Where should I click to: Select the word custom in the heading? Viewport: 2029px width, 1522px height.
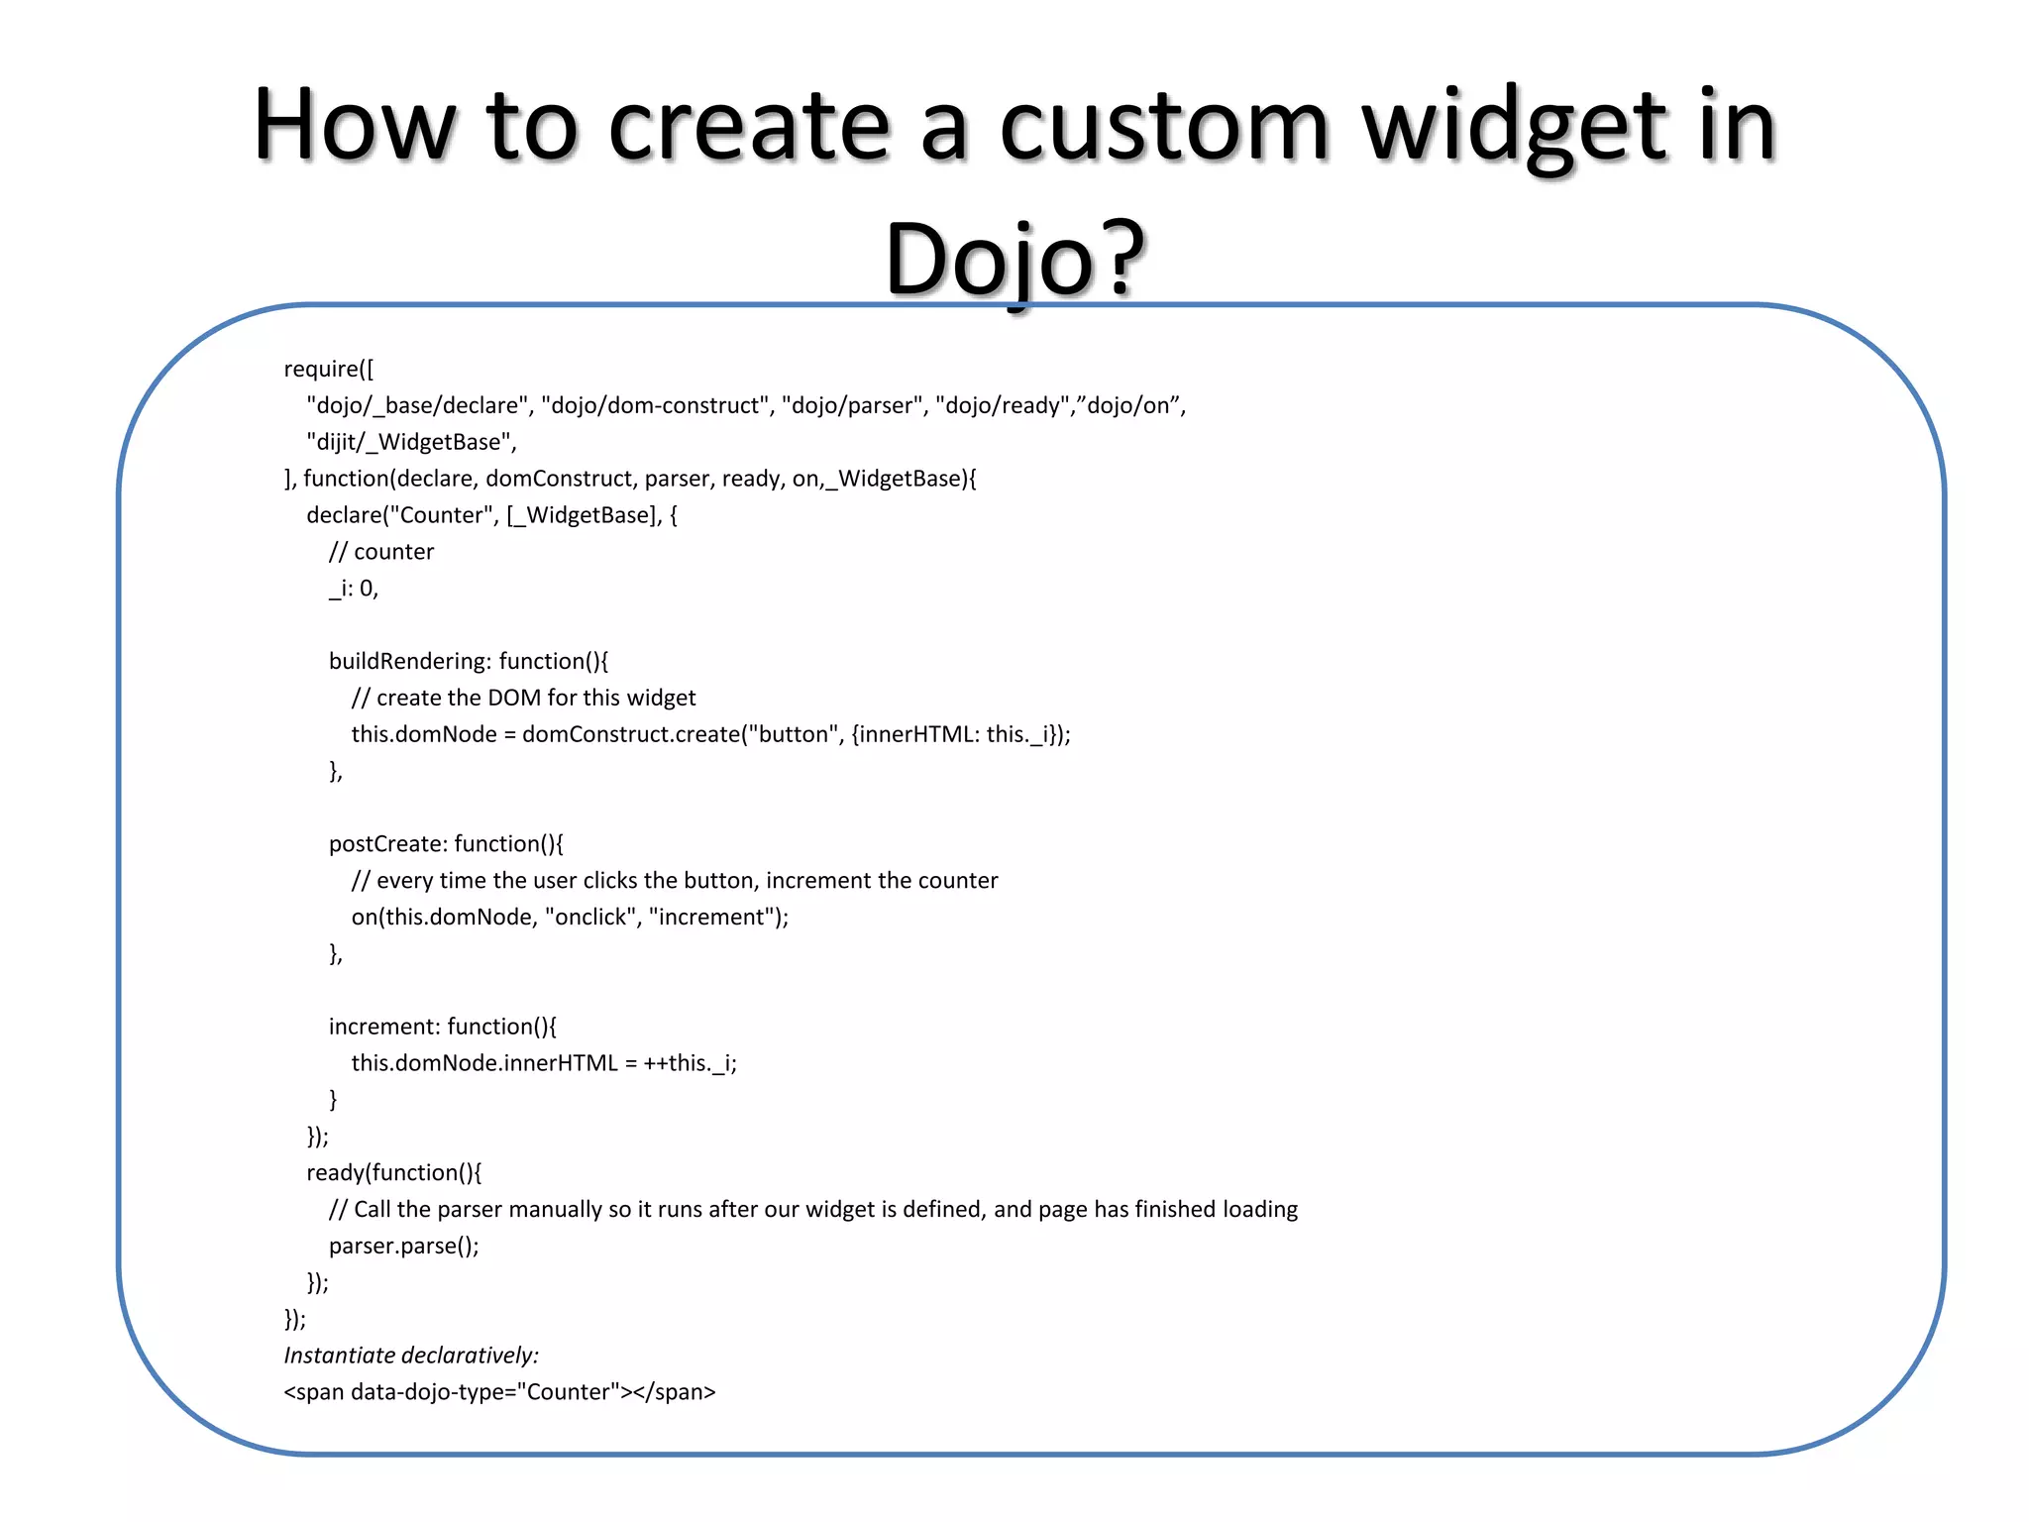pyautogui.click(x=1164, y=127)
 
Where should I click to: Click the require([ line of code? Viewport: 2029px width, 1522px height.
pyautogui.click(x=329, y=369)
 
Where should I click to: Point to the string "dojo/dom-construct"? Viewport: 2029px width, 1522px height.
pyautogui.click(x=656, y=405)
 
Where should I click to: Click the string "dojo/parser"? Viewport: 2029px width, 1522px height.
pyautogui.click(x=853, y=405)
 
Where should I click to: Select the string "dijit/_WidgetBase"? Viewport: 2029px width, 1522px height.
pyautogui.click(x=409, y=442)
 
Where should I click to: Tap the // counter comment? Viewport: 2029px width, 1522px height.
pyautogui.click(x=381, y=552)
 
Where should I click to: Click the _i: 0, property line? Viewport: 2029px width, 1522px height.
pyautogui.click(x=354, y=589)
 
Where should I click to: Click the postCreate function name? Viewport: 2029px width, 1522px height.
pyautogui.click(x=387, y=844)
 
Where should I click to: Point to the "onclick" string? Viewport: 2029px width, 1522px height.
pyautogui.click(x=589, y=918)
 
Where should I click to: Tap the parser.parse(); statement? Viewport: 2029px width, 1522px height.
pyautogui.click(x=404, y=1247)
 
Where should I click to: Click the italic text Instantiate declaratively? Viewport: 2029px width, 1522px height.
pyautogui.click(x=411, y=1356)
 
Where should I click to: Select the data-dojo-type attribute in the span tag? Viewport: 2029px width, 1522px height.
pyautogui.click(x=427, y=1392)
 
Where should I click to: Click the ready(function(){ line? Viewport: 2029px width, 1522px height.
pyautogui.click(x=394, y=1173)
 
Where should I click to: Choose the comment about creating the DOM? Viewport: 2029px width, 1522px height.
pyautogui.click(x=524, y=698)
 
